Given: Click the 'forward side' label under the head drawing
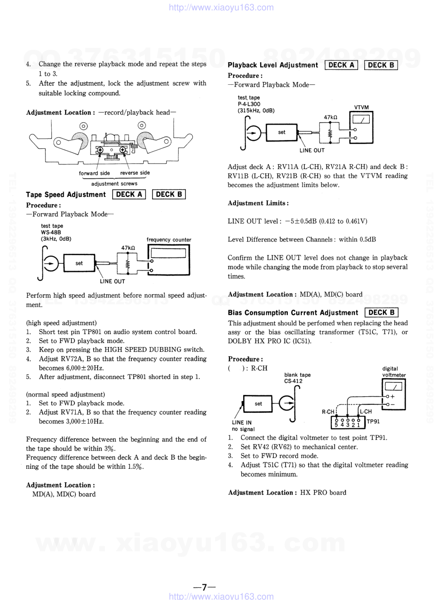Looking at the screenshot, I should click(x=95, y=173).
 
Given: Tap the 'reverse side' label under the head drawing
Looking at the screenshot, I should click(x=135, y=173).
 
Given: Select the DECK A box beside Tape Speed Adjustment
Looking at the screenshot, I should click(x=129, y=194).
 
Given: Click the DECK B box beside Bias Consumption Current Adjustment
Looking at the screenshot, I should click(x=381, y=312).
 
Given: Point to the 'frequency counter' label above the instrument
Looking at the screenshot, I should click(x=169, y=240).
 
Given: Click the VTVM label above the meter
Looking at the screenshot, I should click(x=361, y=107).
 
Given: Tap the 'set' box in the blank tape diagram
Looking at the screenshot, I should click(x=258, y=404).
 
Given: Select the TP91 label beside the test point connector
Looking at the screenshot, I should click(x=373, y=421).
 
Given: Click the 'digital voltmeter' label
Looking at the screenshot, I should click(x=394, y=371).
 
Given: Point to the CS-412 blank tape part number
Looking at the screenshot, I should click(x=293, y=381).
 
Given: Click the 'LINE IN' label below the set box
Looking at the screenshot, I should click(x=242, y=422).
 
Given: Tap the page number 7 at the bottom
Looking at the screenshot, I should click(x=204, y=587).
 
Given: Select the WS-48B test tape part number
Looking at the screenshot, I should click(x=51, y=233).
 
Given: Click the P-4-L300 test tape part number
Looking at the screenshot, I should click(x=249, y=104).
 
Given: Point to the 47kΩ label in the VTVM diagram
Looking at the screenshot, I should click(x=330, y=117).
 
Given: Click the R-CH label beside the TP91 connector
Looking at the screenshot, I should click(x=328, y=412).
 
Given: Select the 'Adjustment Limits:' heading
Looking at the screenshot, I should click(x=258, y=203).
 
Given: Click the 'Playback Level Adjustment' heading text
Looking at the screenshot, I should click(x=273, y=65).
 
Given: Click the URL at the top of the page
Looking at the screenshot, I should click(x=221, y=7).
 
